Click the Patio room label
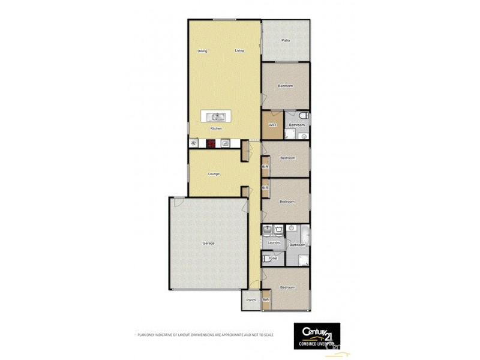tap(286, 41)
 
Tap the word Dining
tap(202, 51)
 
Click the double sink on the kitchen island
tap(216, 117)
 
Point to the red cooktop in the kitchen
tap(211, 143)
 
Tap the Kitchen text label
tap(216, 129)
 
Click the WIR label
tap(272, 125)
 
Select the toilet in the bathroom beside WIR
tap(304, 115)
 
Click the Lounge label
tap(214, 174)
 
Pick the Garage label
tap(208, 243)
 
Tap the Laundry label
tap(274, 242)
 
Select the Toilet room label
tap(273, 258)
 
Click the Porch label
tap(251, 299)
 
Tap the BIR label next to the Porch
tap(265, 299)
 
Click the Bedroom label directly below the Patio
tap(286, 86)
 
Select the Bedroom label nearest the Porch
tap(287, 287)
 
